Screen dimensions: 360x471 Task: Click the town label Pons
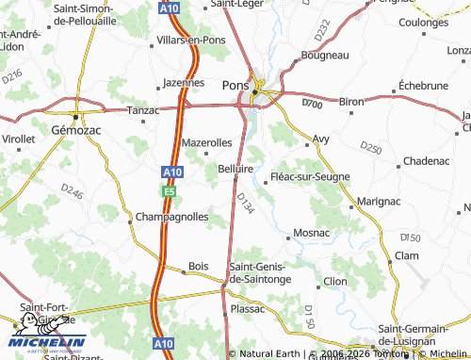point(235,84)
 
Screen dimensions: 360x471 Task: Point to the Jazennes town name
point(184,82)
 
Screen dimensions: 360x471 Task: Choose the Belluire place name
point(237,168)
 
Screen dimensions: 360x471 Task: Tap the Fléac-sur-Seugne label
point(310,176)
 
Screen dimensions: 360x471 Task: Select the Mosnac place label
point(312,232)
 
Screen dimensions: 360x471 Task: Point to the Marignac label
point(379,201)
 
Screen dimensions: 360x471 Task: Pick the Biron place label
point(350,101)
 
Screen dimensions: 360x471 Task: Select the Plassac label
point(248,308)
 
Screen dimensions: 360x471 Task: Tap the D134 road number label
point(246,203)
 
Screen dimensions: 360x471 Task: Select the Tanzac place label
point(144,109)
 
